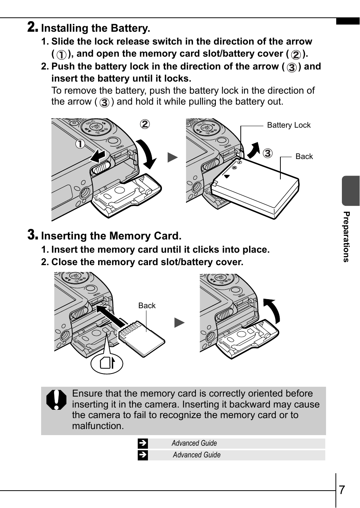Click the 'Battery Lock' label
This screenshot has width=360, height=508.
pyautogui.click(x=289, y=125)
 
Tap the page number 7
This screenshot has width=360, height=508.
pyautogui.click(x=342, y=489)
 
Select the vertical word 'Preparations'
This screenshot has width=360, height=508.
pyautogui.click(x=346, y=237)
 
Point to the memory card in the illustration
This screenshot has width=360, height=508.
pyautogui.click(x=142, y=339)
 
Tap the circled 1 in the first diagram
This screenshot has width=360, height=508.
pyautogui.click(x=80, y=144)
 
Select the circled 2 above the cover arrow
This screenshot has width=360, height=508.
pyautogui.click(x=145, y=124)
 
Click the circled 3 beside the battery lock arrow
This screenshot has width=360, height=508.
pyautogui.click(x=268, y=153)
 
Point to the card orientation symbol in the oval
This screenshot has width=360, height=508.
pyautogui.click(x=107, y=364)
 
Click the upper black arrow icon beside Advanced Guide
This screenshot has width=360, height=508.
pyautogui.click(x=143, y=443)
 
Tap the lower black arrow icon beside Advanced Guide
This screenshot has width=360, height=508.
pyautogui.click(x=143, y=455)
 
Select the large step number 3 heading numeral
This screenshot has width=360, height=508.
pyautogui.click(x=32, y=235)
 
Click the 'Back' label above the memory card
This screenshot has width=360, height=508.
pyautogui.click(x=147, y=306)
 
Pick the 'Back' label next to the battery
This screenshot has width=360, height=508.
pyautogui.click(x=304, y=156)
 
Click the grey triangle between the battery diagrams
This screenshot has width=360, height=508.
pyautogui.click(x=172, y=157)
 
